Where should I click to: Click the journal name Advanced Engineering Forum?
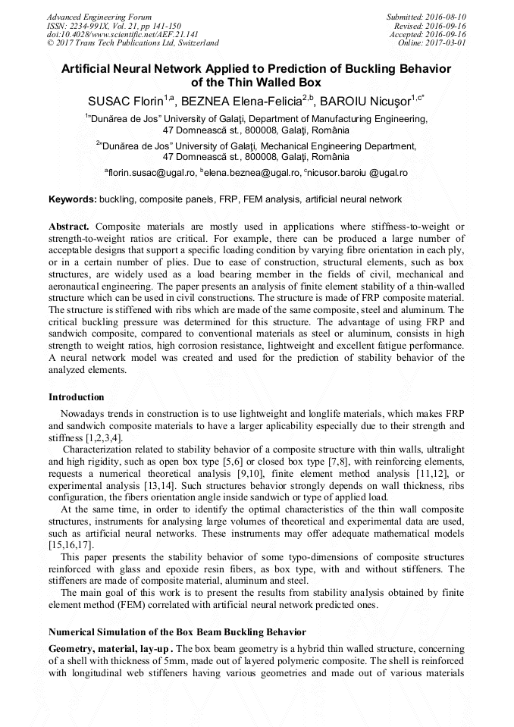(x=99, y=17)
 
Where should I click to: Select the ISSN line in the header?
(x=114, y=26)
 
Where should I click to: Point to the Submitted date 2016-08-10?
(x=428, y=17)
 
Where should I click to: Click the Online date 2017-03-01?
(x=431, y=43)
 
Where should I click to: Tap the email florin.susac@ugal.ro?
(x=152, y=173)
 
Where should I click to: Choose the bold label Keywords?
(x=73, y=199)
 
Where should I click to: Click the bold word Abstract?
(x=70, y=227)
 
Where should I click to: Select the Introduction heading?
(x=77, y=397)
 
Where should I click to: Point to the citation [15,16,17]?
(x=72, y=545)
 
